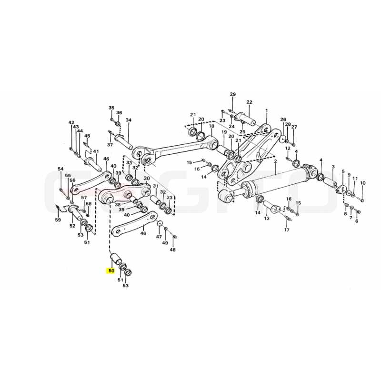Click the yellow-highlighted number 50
[111, 271]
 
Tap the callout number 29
[233, 94]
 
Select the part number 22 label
[249, 102]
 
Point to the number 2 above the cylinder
[275, 161]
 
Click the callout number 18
[211, 126]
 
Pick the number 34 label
[128, 120]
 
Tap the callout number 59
[58, 220]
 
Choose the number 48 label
[172, 250]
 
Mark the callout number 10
[362, 183]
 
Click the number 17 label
[287, 230]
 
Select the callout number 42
[71, 123]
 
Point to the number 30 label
[147, 179]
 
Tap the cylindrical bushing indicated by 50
[116, 259]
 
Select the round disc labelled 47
[160, 223]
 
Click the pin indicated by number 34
[123, 141]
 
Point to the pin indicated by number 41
[92, 164]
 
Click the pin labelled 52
[75, 212]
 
